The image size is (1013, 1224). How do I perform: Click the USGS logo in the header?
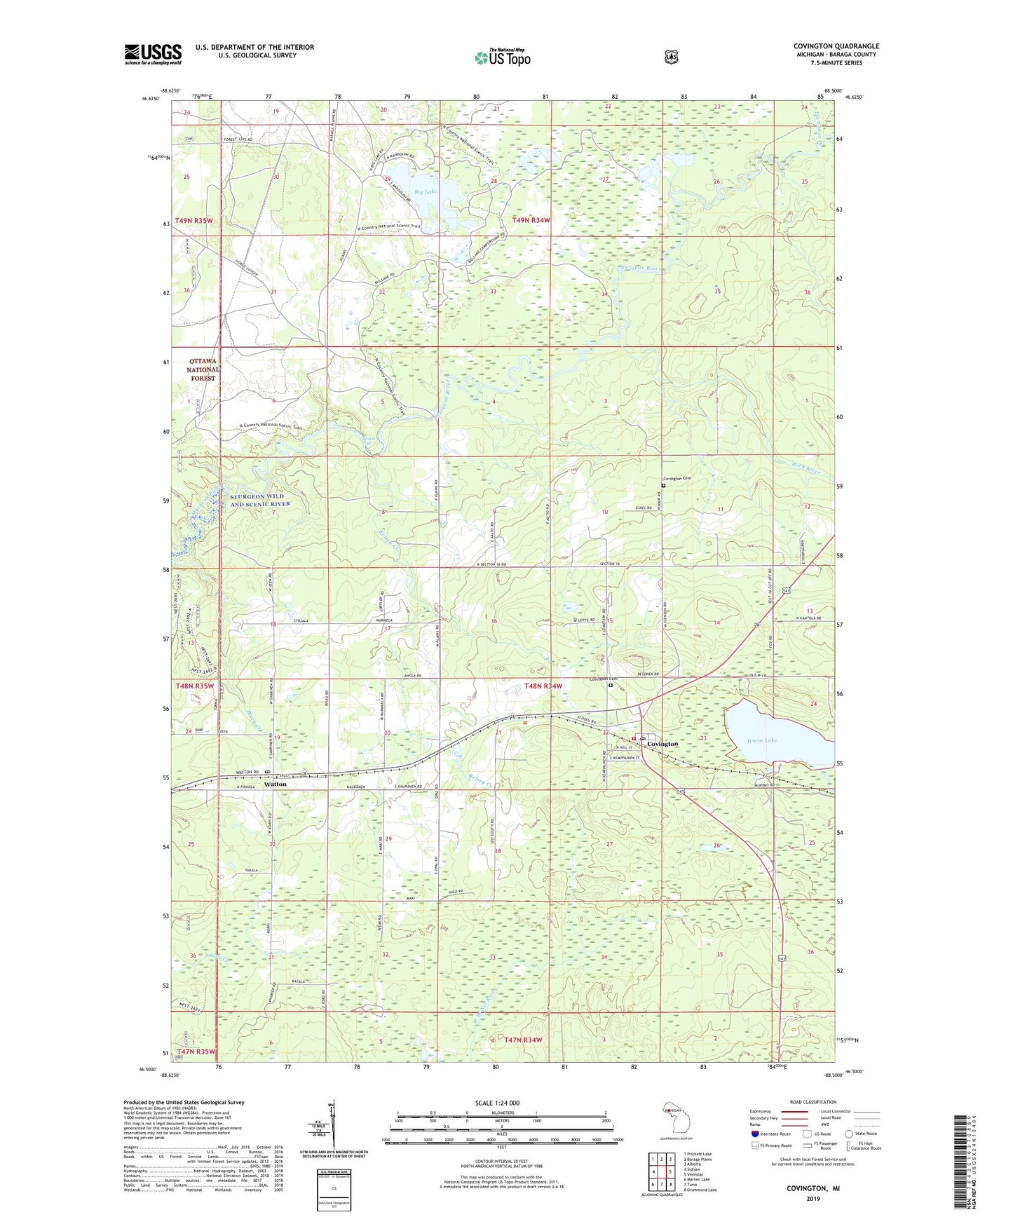pyautogui.click(x=153, y=54)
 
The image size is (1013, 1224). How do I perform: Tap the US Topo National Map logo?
pyautogui.click(x=502, y=57)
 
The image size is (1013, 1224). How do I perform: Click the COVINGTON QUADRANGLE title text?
pyautogui.click(x=836, y=46)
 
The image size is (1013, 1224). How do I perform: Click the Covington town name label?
pyautogui.click(x=662, y=744)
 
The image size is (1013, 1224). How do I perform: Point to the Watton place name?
pyautogui.click(x=275, y=784)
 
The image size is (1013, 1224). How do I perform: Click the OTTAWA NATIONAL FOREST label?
pyautogui.click(x=203, y=369)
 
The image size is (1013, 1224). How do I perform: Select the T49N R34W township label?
pyautogui.click(x=531, y=220)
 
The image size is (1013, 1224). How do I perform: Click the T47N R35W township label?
pyautogui.click(x=195, y=1052)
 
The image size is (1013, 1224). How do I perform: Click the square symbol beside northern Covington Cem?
pyautogui.click(x=663, y=485)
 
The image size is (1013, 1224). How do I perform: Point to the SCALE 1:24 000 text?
pyautogui.click(x=497, y=1103)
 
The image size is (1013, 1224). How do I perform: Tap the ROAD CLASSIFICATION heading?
pyautogui.click(x=813, y=1102)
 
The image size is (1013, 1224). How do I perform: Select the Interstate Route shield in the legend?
pyautogui.click(x=754, y=1134)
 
